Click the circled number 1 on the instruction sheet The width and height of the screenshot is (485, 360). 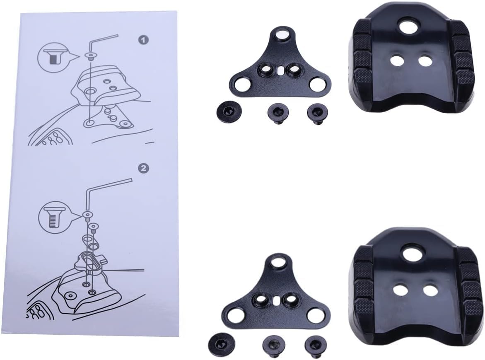(143, 40)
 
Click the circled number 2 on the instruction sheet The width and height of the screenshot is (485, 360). (143, 169)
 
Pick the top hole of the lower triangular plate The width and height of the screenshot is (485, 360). (280, 261)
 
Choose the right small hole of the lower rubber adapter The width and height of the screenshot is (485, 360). (430, 290)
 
